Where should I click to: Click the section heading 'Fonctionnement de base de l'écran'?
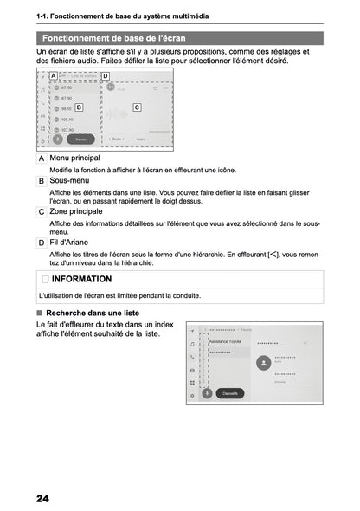tap(112, 39)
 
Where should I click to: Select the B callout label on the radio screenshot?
tap(79, 107)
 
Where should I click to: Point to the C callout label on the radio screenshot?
tap(137, 107)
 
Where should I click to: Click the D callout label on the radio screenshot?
tap(106, 76)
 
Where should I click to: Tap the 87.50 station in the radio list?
tap(66, 87)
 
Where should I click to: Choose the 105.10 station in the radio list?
tap(67, 120)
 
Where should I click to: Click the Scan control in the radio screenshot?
tap(139, 137)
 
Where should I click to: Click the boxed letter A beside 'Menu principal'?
tap(42, 158)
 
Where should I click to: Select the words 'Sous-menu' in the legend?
tap(70, 179)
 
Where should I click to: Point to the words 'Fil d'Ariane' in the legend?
tap(74, 242)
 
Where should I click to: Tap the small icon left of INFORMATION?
tap(45, 280)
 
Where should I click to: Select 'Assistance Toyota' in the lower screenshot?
tap(227, 342)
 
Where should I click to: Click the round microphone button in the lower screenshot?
tap(207, 392)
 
